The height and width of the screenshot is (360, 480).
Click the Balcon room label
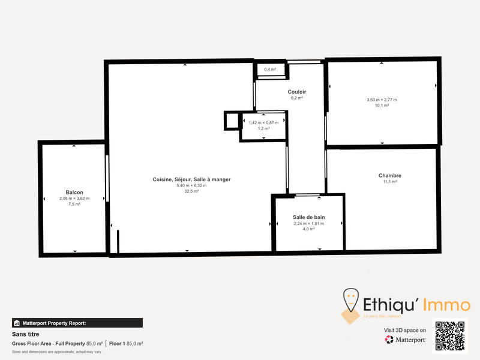tap(74, 193)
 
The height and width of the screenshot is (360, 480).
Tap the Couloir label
tap(297, 91)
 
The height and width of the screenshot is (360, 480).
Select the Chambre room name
tap(390, 176)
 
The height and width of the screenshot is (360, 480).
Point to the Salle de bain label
tap(308, 217)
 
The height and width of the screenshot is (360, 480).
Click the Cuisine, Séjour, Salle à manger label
tap(191, 179)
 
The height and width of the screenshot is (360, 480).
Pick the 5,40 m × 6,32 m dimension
tap(191, 185)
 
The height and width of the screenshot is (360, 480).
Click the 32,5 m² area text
tap(191, 191)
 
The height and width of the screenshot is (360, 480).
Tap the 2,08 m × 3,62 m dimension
tap(74, 199)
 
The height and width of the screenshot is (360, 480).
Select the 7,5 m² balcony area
tap(74, 205)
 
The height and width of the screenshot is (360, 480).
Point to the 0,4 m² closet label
tap(270, 70)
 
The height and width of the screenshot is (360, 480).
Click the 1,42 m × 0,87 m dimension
tap(264, 123)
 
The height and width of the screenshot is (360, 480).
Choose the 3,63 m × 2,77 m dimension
tap(382, 100)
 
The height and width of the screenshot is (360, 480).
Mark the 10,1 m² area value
tap(382, 106)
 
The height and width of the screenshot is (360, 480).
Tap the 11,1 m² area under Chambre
tap(390, 182)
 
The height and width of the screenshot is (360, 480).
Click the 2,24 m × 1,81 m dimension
tap(308, 224)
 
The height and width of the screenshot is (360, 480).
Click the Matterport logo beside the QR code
tap(406, 340)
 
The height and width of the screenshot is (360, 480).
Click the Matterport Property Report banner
tap(77, 323)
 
